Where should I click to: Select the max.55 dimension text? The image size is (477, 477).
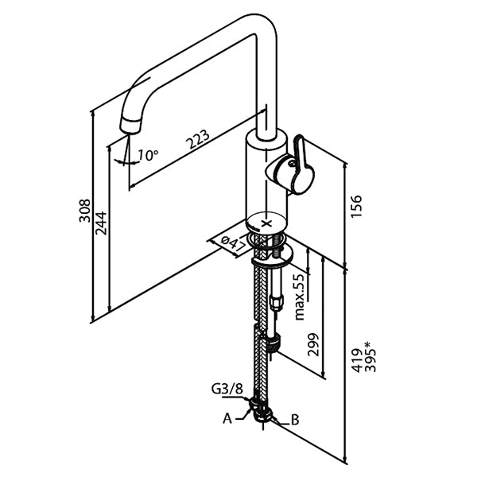pyautogui.click(x=299, y=296)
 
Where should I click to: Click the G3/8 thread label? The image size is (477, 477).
pyautogui.click(x=227, y=390)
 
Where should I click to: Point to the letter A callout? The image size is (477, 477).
pyautogui.click(x=228, y=416)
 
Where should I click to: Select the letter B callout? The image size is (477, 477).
pyautogui.click(x=294, y=418)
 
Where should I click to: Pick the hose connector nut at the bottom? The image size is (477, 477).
pyautogui.click(x=263, y=411)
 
